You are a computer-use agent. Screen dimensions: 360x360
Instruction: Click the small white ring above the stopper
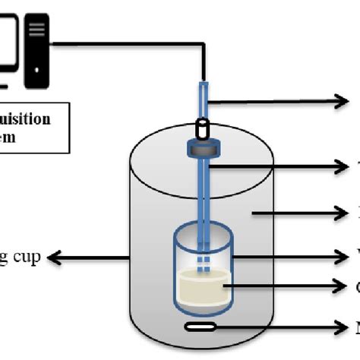(x=204, y=127)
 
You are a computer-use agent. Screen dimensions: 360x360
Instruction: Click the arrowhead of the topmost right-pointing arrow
(x=343, y=101)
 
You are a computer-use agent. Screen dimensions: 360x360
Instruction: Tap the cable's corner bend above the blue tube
(x=203, y=47)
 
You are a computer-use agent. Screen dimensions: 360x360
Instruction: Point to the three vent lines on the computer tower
(x=38, y=30)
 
